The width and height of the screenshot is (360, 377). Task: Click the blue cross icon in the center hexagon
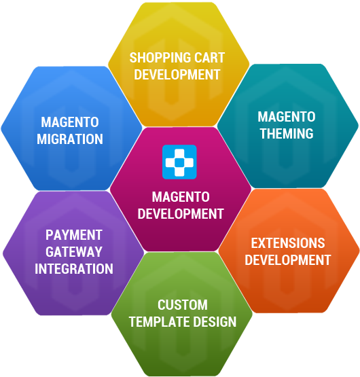[179, 162]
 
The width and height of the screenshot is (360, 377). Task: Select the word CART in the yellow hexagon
[209, 58]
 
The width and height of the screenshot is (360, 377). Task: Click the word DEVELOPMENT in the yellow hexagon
[177, 74]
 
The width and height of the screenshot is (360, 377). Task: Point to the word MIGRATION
[70, 139]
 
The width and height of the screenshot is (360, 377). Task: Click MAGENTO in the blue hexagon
[70, 122]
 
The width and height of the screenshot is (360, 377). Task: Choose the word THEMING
[287, 133]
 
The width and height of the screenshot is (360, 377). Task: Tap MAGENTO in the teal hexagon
[287, 117]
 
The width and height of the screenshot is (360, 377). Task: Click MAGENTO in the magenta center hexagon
[181, 197]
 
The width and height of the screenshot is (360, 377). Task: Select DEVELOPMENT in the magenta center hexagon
[181, 214]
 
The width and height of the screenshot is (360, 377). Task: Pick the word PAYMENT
[74, 235]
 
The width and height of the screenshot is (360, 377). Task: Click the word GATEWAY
[74, 252]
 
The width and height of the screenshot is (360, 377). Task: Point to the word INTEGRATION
[74, 268]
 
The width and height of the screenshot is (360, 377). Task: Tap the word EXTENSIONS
[288, 243]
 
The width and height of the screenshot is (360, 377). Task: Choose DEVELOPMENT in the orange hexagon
[288, 260]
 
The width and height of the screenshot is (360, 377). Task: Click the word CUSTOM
[183, 305]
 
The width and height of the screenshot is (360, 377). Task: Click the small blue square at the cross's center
[179, 162]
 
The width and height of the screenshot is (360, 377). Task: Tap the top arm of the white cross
[179, 154]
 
